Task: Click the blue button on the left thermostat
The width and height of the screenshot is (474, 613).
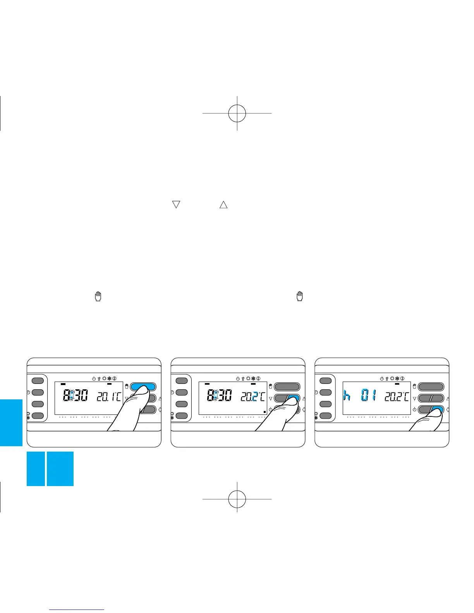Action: [143, 386]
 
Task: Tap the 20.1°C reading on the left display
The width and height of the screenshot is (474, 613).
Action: [108, 396]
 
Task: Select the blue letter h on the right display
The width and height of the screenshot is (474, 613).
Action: [347, 396]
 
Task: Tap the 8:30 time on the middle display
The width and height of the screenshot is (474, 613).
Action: [219, 396]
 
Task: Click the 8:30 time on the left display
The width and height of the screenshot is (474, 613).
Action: [75, 396]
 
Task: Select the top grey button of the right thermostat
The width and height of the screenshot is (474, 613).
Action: [431, 386]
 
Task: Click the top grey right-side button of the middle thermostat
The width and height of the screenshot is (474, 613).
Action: [287, 386]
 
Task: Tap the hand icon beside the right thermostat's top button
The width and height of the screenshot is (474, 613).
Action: [414, 386]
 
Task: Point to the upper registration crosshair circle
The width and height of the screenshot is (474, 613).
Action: [237, 113]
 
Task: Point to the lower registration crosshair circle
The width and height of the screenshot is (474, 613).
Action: [237, 499]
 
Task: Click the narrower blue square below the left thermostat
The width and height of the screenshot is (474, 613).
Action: [36, 468]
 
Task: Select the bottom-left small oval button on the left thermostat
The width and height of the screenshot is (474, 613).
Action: [38, 416]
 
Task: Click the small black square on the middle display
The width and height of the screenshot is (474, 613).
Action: [264, 412]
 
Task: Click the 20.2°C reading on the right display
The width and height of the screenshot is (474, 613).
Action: [397, 396]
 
